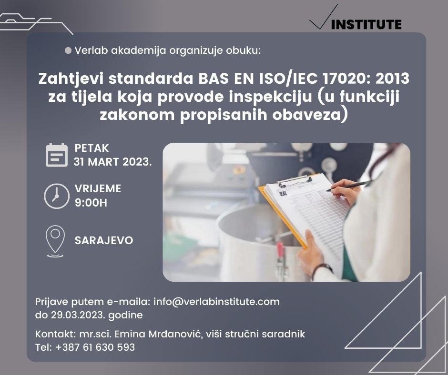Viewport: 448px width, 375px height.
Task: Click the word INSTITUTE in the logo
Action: click(366, 24)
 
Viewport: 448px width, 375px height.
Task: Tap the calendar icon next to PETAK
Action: click(57, 155)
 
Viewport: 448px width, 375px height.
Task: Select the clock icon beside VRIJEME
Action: click(57, 197)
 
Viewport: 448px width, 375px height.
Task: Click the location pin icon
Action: click(55, 241)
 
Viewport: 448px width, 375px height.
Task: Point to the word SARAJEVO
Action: click(104, 240)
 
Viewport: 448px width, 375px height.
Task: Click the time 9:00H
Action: click(91, 203)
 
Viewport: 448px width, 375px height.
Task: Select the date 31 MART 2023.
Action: click(112, 162)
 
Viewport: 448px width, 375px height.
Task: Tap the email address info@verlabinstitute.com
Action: click(216, 302)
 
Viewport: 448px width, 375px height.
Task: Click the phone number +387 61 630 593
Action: click(95, 347)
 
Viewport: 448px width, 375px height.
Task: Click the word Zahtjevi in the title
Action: click(71, 79)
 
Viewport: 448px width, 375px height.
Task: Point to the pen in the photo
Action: click(348, 186)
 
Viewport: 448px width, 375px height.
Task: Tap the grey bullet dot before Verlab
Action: click(68, 50)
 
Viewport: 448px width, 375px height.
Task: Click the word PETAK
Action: click(92, 148)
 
